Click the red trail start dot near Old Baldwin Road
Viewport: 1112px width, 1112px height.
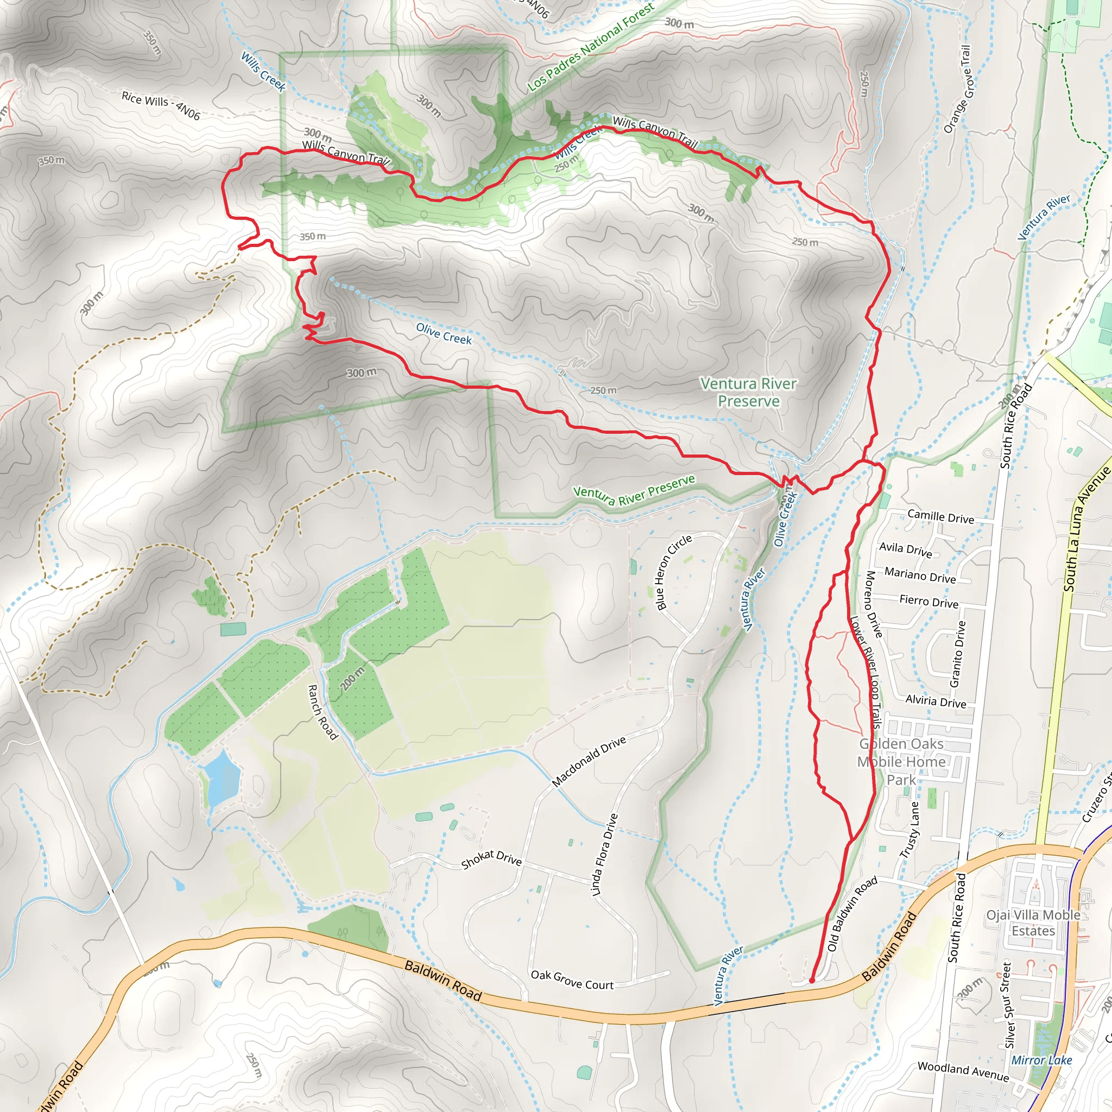[x=812, y=980]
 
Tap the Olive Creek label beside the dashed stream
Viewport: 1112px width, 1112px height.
[x=443, y=333]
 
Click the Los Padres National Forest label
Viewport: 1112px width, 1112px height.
[x=591, y=47]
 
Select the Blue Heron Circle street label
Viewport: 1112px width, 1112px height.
[x=674, y=572]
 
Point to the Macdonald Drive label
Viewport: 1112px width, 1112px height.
[x=588, y=761]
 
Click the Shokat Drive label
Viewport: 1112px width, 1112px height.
[x=491, y=860]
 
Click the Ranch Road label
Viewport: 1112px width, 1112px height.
[x=323, y=711]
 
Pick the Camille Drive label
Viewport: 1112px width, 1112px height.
[x=940, y=516]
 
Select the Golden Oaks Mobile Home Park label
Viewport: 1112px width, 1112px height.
[x=901, y=761]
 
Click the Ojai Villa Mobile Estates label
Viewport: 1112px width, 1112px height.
[x=1033, y=923]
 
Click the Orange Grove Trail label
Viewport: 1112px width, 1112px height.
[x=957, y=89]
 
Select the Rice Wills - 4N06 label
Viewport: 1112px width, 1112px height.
[x=161, y=105]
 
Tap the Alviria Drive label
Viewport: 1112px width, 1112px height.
[x=936, y=700]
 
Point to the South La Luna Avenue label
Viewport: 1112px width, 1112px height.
[x=1085, y=529]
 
